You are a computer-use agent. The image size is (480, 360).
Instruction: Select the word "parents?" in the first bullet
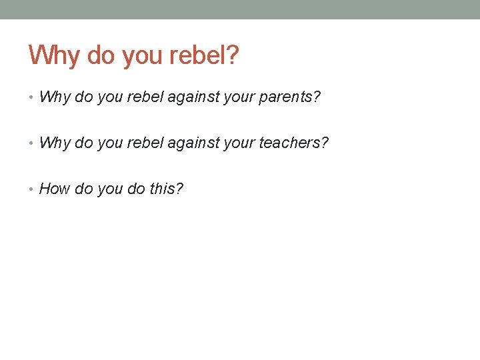pyautogui.click(x=291, y=97)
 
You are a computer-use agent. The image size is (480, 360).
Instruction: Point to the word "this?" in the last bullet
pyautogui.click(x=166, y=189)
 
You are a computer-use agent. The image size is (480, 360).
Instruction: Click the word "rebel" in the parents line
pyautogui.click(x=146, y=97)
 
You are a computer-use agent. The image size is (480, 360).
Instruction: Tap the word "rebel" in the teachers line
pyautogui.click(x=146, y=143)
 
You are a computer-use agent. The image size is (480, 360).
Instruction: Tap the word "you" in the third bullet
pyautogui.click(x=109, y=189)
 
